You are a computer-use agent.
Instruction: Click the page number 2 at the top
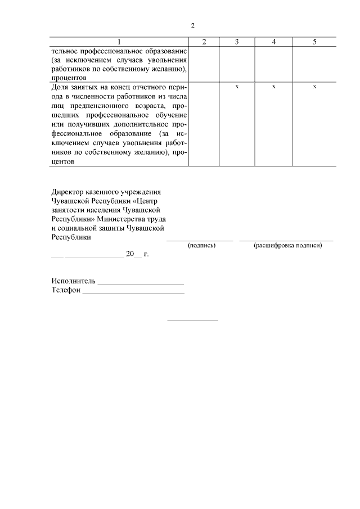pyautogui.click(x=193, y=26)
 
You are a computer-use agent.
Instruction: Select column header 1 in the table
pyautogui.click(x=119, y=42)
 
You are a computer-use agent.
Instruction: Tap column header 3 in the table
pyautogui.click(x=237, y=42)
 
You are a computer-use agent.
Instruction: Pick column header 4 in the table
pyautogui.click(x=273, y=42)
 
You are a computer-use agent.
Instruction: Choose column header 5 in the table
pyautogui.click(x=314, y=42)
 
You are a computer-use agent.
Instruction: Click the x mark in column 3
pyautogui.click(x=237, y=87)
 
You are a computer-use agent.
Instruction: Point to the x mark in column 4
pyautogui.click(x=273, y=87)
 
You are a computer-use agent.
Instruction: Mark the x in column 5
pyautogui.click(x=314, y=87)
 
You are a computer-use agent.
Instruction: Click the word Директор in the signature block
pyautogui.click(x=67, y=192)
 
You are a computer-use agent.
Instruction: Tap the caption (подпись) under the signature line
pyautogui.click(x=201, y=246)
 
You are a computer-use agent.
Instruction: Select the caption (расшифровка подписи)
pyautogui.click(x=287, y=246)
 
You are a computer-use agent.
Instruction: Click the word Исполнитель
pyautogui.click(x=74, y=281)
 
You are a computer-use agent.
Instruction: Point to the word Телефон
pyautogui.click(x=66, y=290)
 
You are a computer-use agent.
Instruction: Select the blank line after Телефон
pyautogui.click(x=133, y=292)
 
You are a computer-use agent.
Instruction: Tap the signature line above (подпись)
pyautogui.click(x=200, y=240)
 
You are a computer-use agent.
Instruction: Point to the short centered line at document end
pyautogui.click(x=193, y=321)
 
